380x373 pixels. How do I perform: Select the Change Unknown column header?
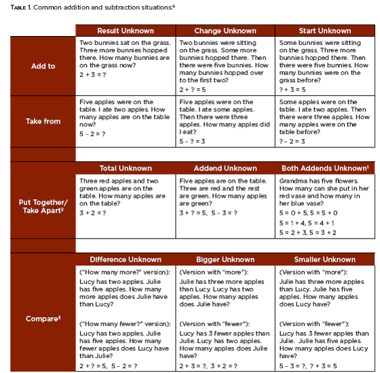(225, 31)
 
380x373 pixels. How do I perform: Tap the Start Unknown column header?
(325, 31)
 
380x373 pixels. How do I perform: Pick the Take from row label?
(43, 122)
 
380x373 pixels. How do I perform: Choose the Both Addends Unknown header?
(325, 168)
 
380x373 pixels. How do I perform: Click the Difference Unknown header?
(125, 260)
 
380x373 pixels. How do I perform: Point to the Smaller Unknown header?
(325, 260)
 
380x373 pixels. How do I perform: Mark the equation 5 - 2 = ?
(92, 134)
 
